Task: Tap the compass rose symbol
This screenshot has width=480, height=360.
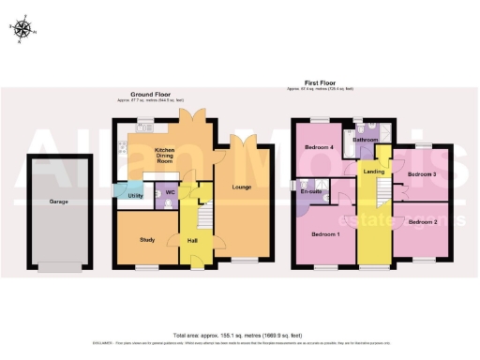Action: coord(23,29)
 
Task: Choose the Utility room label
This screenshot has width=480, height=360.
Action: coord(135,195)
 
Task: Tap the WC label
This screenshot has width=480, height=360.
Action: coord(171,193)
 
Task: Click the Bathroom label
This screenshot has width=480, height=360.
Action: coord(366,140)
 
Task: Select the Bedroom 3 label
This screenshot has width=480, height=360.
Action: coord(422,174)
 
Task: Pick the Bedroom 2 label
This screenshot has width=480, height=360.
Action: coord(423,221)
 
